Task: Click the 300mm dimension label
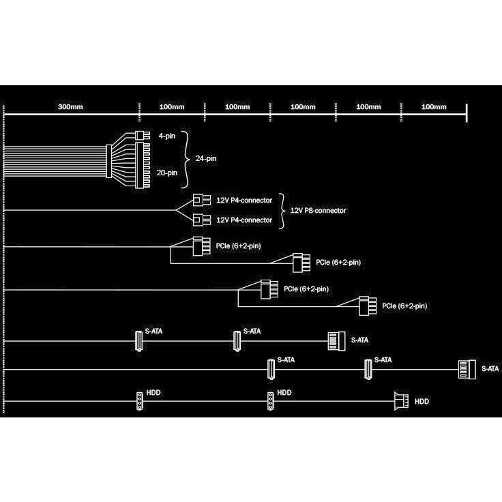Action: tap(70, 107)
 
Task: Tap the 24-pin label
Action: tap(206, 158)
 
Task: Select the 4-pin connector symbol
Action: tap(143, 136)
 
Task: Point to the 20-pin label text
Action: tap(167, 173)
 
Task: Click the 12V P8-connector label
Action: tap(318, 211)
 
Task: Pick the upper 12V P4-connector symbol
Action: tap(202, 201)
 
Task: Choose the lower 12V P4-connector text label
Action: tap(244, 220)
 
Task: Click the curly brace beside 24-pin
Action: tap(186, 159)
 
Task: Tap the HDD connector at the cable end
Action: tap(402, 401)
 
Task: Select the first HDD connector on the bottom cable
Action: tap(140, 401)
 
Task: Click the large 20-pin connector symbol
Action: tap(143, 166)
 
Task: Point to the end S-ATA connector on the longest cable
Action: tap(467, 370)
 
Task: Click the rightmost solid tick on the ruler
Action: tap(467, 113)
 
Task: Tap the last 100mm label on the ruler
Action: tap(434, 107)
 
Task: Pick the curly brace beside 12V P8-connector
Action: tap(282, 211)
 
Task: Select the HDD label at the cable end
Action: tap(422, 402)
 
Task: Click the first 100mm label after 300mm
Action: tap(172, 107)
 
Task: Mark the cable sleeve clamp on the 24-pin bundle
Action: tap(109, 161)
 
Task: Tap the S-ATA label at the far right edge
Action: tap(490, 369)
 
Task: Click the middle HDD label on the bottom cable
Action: tap(284, 392)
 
